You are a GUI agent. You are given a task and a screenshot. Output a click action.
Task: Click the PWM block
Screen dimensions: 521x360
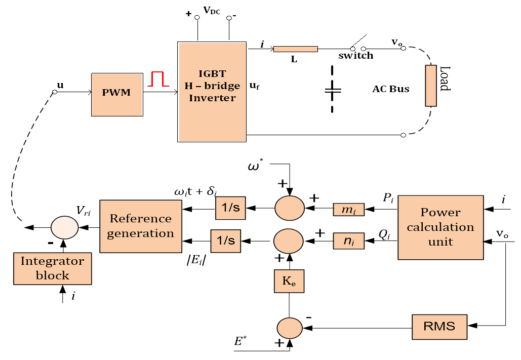[117, 95]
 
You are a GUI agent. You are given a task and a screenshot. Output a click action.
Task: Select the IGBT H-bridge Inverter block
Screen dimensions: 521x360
[212, 92]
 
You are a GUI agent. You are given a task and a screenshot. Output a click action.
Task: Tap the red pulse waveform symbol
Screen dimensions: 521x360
[158, 79]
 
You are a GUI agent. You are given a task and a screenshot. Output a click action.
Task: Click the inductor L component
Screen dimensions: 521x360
[295, 49]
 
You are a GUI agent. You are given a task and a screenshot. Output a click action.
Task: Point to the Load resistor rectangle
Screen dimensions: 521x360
[431, 86]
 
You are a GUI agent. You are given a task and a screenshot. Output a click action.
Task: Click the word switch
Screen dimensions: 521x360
[356, 56]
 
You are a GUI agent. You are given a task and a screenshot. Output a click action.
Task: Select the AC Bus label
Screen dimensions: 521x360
[391, 89]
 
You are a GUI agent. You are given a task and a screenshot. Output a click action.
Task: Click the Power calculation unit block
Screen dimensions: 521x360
[440, 227]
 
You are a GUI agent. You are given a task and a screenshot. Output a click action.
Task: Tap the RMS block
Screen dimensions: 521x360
[439, 327]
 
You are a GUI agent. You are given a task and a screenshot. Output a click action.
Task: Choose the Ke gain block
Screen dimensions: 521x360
[289, 281]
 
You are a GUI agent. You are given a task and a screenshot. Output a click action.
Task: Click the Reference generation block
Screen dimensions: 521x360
[141, 226]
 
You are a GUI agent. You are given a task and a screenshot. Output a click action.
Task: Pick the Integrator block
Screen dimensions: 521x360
[53, 268]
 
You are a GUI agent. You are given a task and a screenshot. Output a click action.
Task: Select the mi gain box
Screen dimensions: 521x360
[348, 210]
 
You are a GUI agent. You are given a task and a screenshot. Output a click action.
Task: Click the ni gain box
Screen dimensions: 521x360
[348, 241]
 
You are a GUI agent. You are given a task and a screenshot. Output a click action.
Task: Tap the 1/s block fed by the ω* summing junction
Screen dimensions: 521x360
[230, 208]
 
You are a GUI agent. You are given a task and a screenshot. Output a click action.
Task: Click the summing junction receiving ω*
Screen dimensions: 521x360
[290, 208]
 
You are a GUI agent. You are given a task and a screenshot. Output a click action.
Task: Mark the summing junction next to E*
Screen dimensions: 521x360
[290, 328]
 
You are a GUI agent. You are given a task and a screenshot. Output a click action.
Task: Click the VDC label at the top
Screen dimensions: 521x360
[212, 11]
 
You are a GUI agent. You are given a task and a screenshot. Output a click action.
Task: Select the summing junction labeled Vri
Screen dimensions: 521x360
[64, 228]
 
